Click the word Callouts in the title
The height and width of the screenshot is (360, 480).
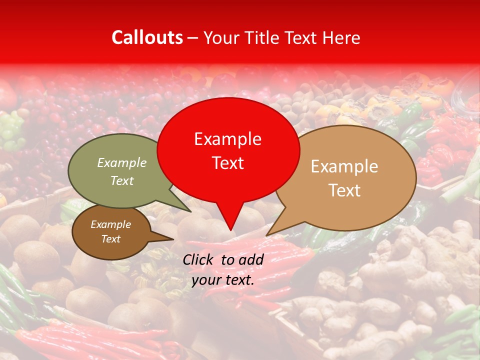click(147, 37)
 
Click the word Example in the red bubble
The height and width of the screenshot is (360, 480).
click(227, 139)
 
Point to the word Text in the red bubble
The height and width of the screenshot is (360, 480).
click(227, 163)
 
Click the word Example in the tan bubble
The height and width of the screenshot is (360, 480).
click(344, 166)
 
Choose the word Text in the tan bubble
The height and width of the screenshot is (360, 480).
click(344, 190)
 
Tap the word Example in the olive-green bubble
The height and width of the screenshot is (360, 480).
click(121, 163)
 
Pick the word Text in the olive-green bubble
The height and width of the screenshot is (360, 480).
click(121, 181)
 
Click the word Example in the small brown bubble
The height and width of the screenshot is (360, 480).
click(110, 224)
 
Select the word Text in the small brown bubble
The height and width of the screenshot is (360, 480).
click(110, 239)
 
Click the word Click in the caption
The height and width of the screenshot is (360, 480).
click(199, 259)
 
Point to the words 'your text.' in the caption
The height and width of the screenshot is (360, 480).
click(223, 280)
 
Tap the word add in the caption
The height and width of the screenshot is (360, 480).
click(251, 259)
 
